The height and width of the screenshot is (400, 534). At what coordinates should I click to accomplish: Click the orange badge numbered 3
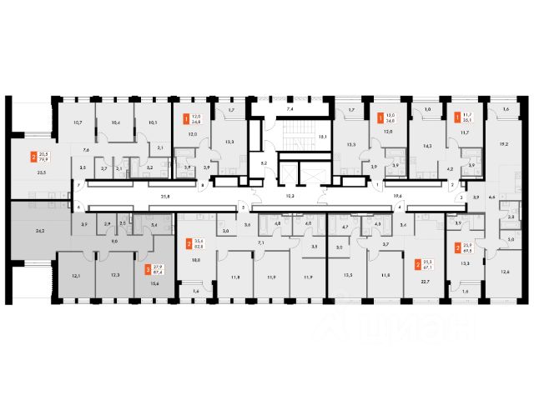(149, 270)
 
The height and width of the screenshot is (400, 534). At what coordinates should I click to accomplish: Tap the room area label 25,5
(41, 172)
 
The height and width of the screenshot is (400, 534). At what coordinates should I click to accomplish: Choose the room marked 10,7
(78, 122)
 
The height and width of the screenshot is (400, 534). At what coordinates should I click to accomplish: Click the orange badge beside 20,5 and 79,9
(33, 156)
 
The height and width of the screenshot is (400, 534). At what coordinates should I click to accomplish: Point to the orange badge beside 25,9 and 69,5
(456, 247)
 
